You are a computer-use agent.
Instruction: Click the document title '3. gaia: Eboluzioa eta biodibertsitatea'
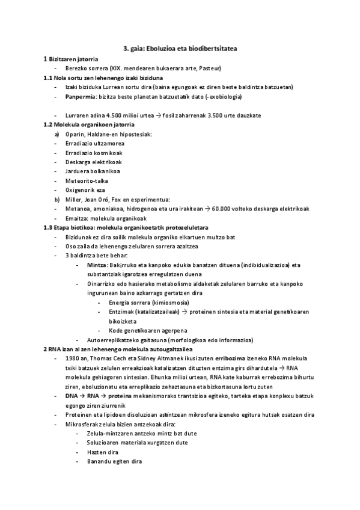coord(180,48)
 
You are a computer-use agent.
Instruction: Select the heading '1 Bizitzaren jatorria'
coord(69,59)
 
